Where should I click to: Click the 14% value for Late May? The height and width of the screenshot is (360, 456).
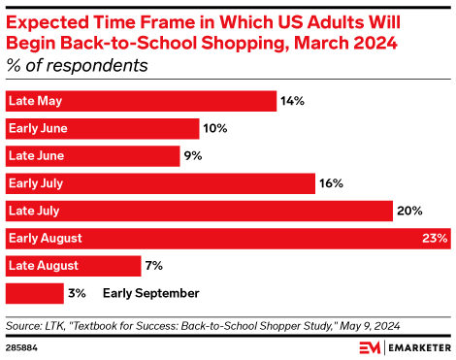(x=293, y=101)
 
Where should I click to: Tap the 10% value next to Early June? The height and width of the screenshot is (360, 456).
(x=215, y=128)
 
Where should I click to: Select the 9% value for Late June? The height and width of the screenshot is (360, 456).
(x=194, y=155)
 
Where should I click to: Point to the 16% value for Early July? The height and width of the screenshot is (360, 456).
(x=331, y=182)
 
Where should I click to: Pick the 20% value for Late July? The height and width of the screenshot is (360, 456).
(x=409, y=211)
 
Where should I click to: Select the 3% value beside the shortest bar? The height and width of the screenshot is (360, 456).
(x=78, y=292)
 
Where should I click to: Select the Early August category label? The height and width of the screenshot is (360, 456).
(x=45, y=238)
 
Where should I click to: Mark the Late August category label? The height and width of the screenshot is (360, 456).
(x=43, y=265)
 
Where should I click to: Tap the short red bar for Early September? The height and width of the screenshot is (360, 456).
(x=35, y=292)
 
